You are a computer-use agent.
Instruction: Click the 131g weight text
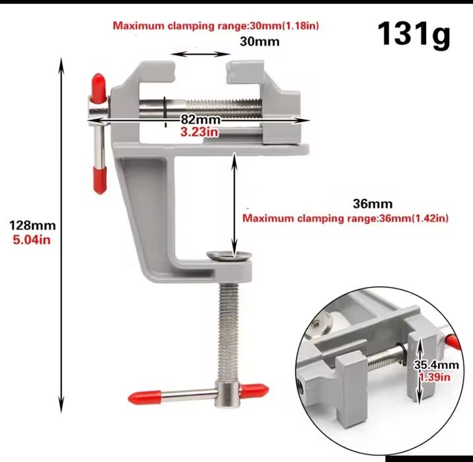pos(414,35)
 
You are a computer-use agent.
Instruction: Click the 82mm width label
pos(200,120)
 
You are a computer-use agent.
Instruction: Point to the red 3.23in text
pos(200,132)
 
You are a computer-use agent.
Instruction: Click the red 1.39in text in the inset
pos(435,377)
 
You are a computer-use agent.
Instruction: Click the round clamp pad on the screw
pos(228,256)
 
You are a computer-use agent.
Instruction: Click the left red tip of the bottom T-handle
pos(139,397)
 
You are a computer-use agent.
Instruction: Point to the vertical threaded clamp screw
pos(227,324)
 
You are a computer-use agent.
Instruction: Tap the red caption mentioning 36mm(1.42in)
pos(347,218)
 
